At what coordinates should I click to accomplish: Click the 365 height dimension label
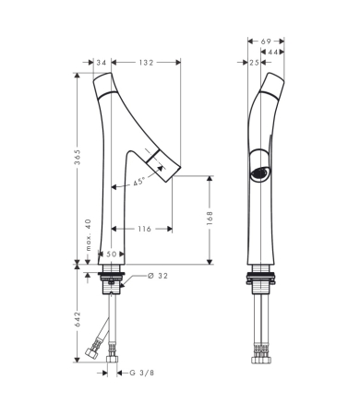pos(78,157)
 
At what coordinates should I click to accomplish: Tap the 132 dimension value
pos(146,63)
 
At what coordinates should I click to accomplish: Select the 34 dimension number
pos(102,63)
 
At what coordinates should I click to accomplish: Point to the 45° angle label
pos(138,182)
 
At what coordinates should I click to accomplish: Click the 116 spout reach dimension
pos(144,229)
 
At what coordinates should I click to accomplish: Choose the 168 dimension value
pos(210,218)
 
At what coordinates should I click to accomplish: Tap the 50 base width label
pos(112,255)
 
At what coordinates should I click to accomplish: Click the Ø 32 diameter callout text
pos(158,276)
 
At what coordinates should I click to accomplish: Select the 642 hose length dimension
pos(78,319)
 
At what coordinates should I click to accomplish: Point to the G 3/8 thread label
pos(141,373)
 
